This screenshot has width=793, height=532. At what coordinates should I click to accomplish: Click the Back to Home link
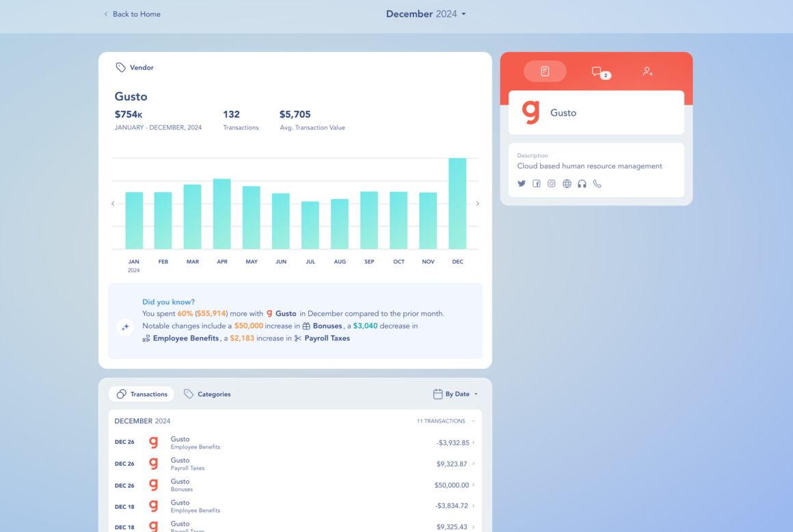click(x=132, y=14)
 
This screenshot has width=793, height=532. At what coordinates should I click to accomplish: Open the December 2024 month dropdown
click(x=426, y=14)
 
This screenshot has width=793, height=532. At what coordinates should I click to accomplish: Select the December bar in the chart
click(x=457, y=203)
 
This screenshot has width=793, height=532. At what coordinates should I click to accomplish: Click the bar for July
click(x=310, y=225)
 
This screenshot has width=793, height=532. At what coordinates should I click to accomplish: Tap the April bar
click(x=222, y=213)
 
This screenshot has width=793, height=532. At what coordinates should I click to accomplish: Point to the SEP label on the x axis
click(x=369, y=261)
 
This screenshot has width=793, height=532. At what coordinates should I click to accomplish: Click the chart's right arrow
click(x=477, y=203)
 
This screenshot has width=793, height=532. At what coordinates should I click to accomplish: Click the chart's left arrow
click(x=113, y=203)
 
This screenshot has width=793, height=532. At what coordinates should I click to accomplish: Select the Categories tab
click(x=207, y=394)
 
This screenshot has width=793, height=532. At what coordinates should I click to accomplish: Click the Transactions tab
click(x=142, y=394)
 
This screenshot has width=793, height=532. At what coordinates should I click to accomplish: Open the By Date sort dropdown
click(x=456, y=394)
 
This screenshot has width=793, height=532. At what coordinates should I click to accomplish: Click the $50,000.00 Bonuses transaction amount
click(x=452, y=485)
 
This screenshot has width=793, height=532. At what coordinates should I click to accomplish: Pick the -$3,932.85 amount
click(x=453, y=442)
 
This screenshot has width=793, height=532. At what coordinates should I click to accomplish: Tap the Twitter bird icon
click(x=522, y=183)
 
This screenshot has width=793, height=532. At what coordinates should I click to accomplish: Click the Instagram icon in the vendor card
click(x=551, y=183)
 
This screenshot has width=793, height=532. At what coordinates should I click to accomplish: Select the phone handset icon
click(x=597, y=183)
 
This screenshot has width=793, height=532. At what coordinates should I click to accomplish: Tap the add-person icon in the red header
click(x=647, y=71)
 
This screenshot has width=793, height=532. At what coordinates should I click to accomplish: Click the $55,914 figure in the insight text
click(x=211, y=314)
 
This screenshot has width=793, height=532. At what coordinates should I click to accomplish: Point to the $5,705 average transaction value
click(x=295, y=114)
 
